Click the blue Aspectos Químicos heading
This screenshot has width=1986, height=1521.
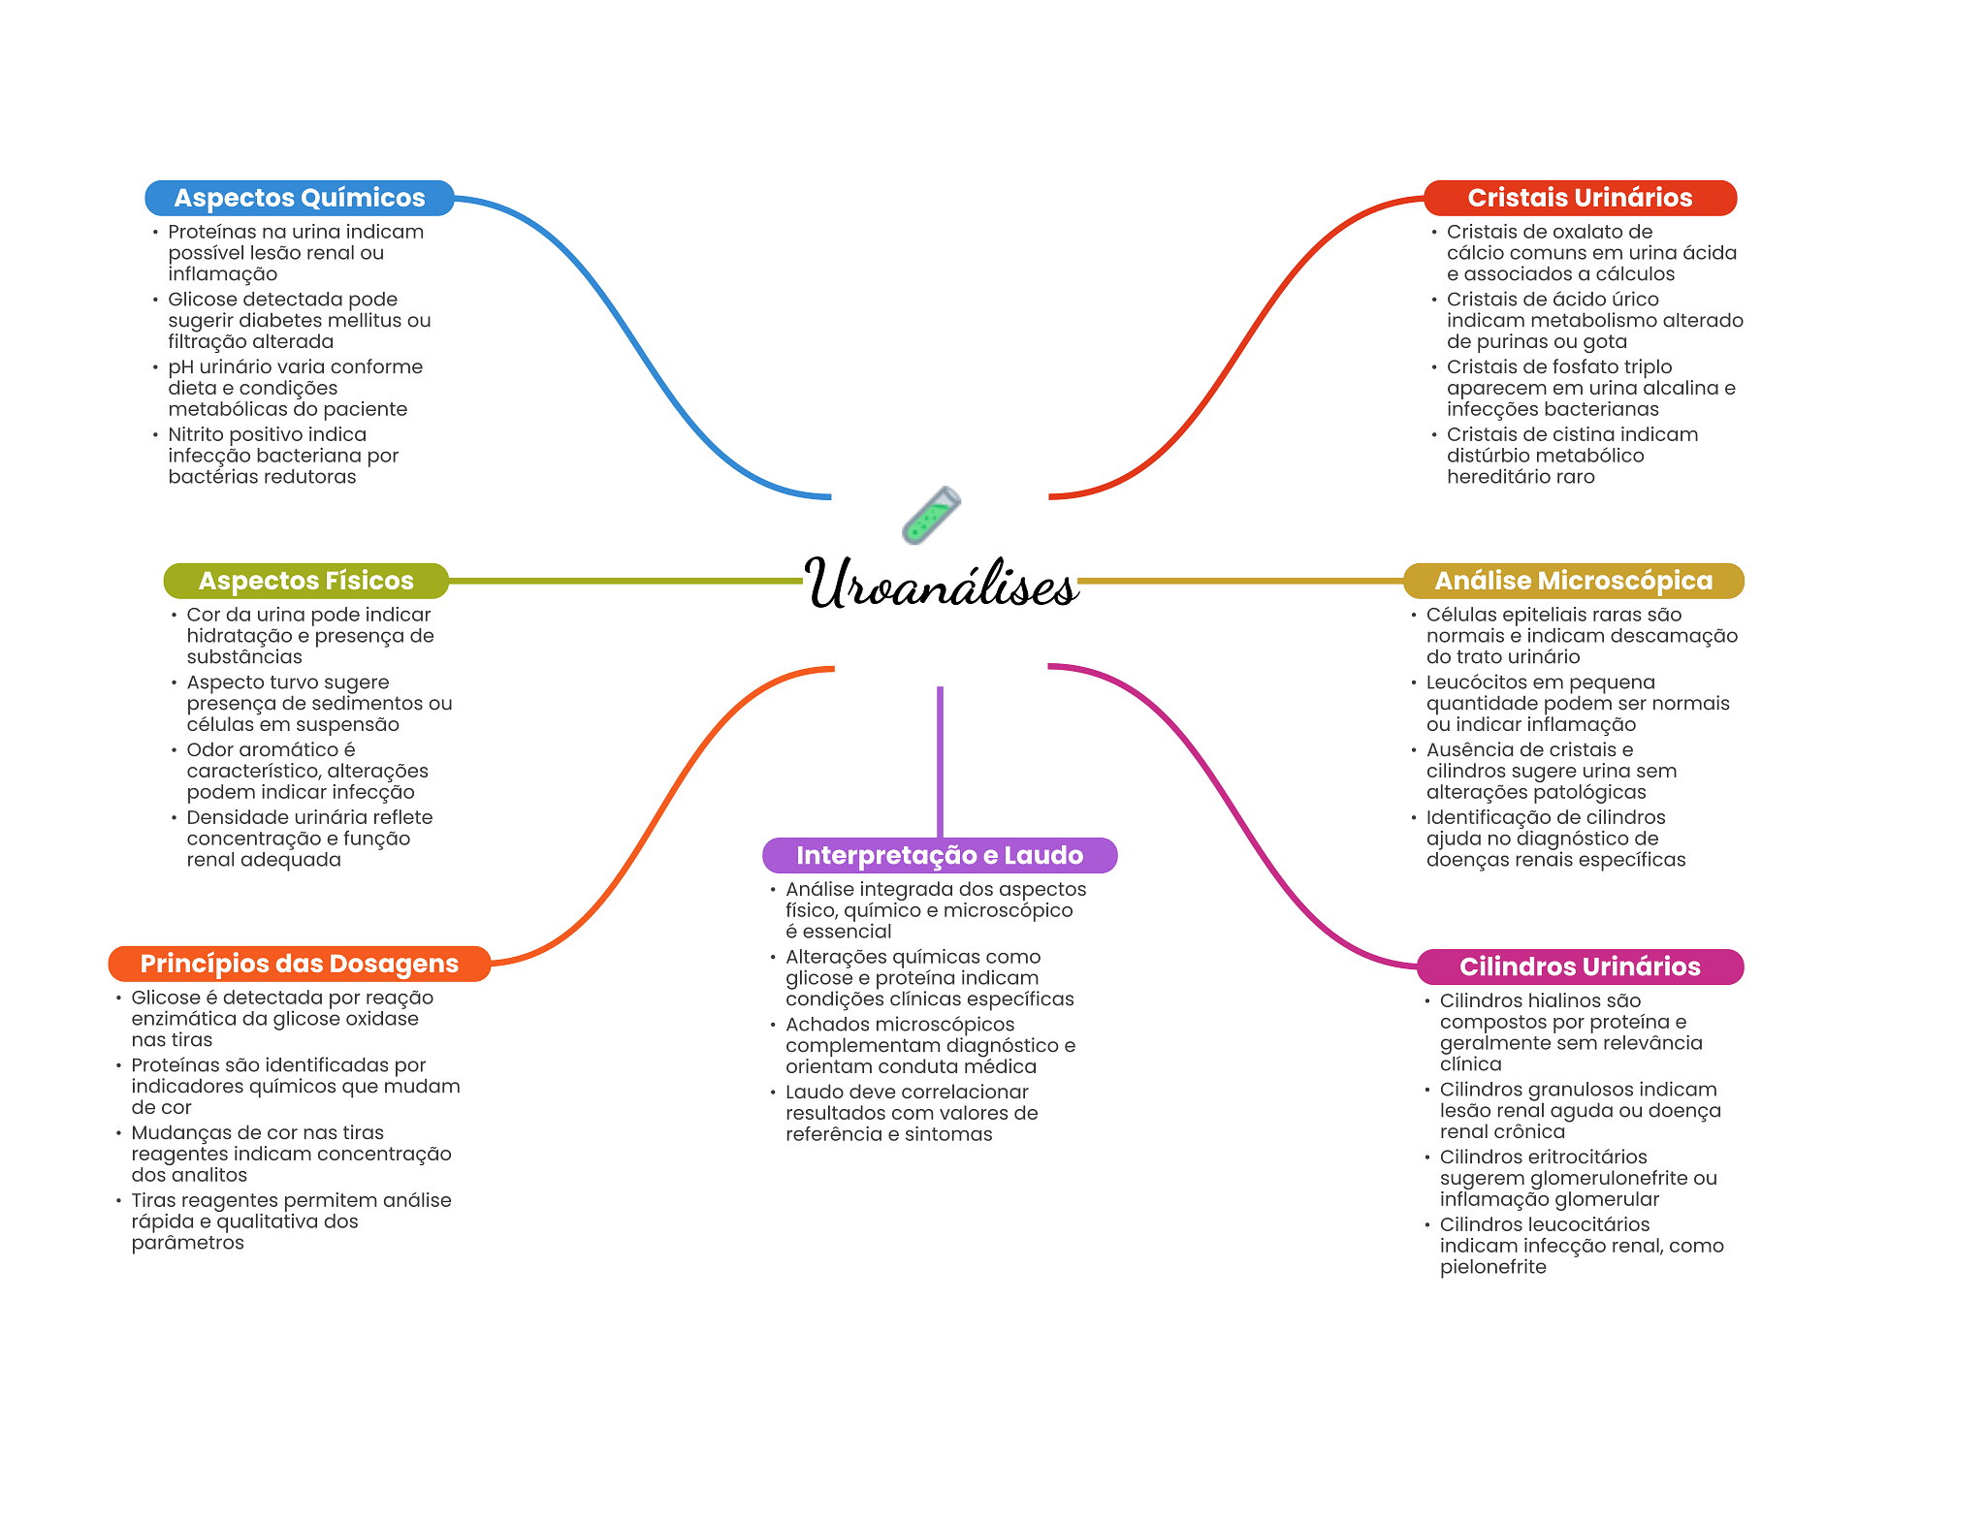coord(299,198)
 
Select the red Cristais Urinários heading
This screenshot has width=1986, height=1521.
coord(1579,198)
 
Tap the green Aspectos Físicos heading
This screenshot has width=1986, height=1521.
coord(305,581)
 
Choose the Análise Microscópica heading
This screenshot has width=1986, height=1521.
coord(1573,581)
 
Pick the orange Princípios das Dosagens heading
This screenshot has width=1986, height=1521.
coord(299,964)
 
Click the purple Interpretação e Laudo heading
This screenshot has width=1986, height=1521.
coord(939,855)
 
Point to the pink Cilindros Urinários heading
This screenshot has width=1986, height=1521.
coord(1579,966)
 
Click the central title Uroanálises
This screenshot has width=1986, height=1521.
coord(941,585)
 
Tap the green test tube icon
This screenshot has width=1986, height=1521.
coord(931,516)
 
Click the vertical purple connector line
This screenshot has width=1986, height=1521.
coord(940,761)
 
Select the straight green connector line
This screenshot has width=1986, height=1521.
coord(625,581)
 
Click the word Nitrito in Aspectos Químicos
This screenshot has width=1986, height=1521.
coord(200,434)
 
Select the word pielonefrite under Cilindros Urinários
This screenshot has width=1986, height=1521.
coord(1492,1267)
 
